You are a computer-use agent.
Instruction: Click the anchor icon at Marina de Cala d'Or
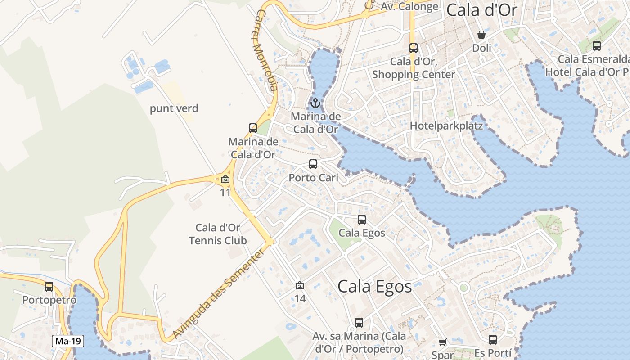315,103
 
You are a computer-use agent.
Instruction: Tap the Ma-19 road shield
68,341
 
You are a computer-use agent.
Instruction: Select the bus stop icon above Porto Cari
313,164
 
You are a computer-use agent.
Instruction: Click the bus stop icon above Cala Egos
362,220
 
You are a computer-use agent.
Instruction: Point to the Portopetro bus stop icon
49,287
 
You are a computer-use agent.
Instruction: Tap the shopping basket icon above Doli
481,35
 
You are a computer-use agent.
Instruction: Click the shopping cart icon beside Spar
443,342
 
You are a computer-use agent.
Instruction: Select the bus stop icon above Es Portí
493,340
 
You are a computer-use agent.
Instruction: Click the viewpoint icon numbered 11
225,180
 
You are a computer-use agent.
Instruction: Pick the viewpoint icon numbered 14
300,285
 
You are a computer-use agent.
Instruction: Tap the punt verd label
174,108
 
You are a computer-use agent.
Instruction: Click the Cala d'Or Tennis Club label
218,234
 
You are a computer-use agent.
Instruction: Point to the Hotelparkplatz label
446,126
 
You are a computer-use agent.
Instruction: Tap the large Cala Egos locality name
374,287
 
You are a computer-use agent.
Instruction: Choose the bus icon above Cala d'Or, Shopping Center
414,48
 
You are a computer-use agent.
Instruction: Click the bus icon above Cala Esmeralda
597,46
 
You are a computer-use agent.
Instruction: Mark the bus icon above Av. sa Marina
359,323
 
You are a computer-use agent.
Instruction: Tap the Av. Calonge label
409,7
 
